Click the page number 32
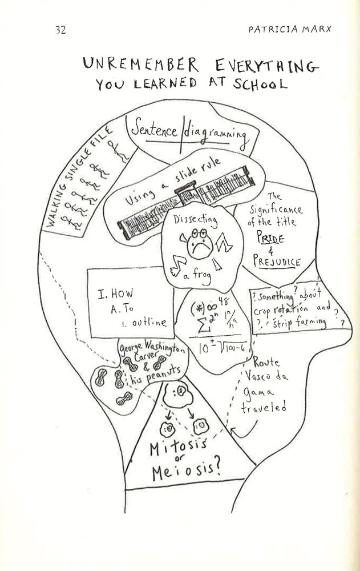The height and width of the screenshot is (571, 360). click(60, 30)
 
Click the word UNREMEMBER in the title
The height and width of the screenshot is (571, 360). click(132, 65)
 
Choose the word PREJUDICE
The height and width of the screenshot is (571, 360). click(277, 263)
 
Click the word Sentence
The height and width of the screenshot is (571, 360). click(154, 130)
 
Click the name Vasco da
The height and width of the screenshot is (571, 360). click(264, 377)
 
